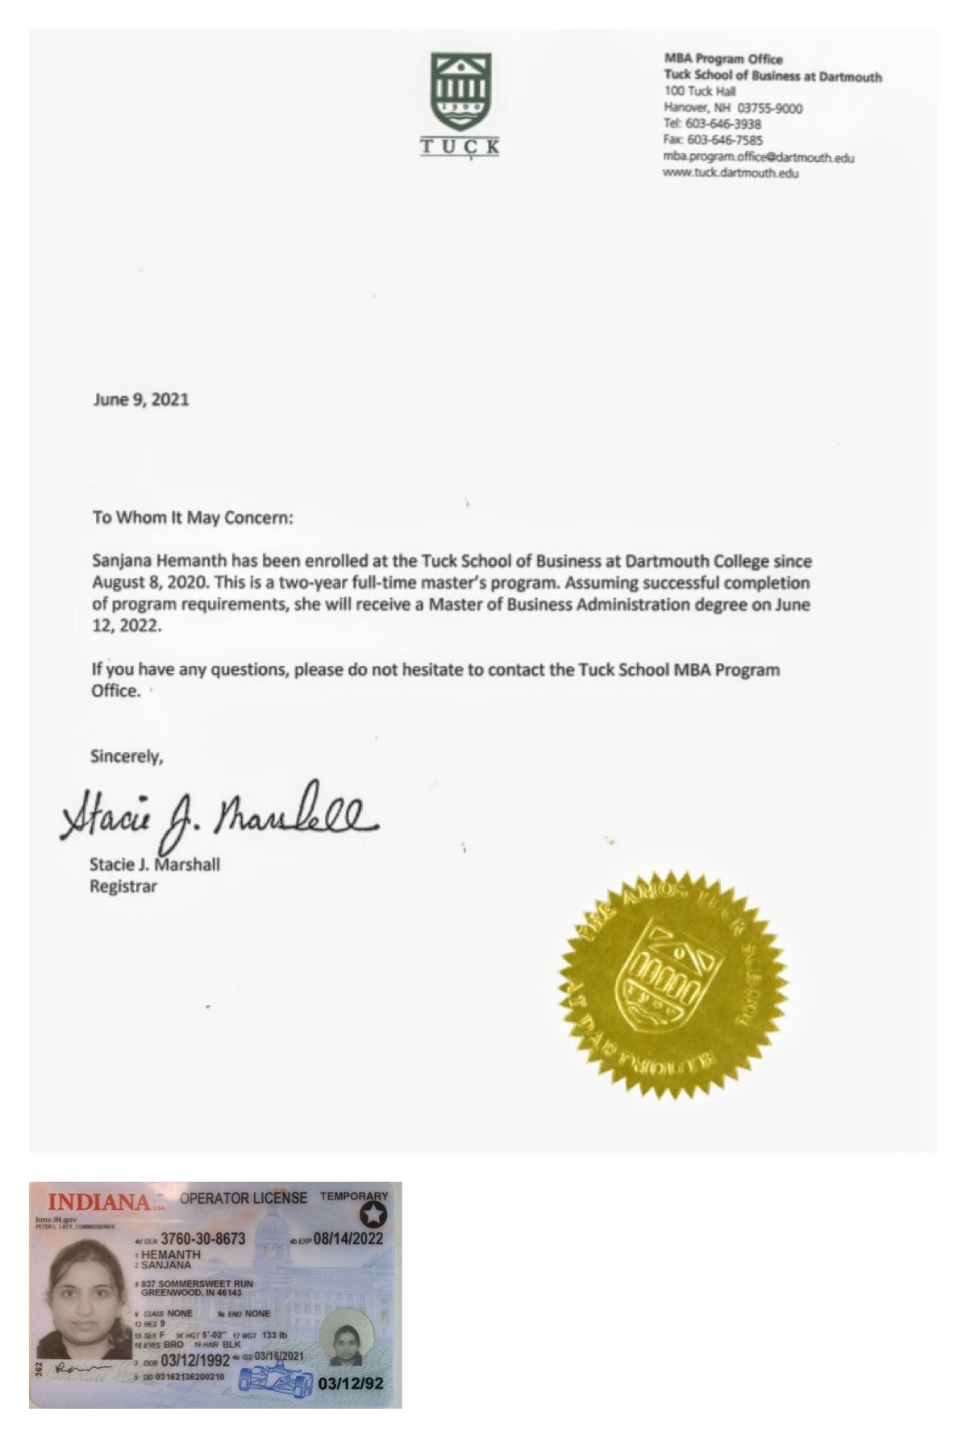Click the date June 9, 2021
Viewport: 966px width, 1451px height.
point(141,399)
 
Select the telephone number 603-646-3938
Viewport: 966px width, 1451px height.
point(723,124)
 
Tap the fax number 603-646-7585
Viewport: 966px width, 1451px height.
point(725,140)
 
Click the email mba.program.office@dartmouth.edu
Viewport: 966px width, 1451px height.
point(758,157)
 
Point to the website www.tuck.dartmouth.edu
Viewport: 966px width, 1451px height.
point(731,173)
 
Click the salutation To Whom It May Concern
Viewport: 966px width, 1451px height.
point(193,518)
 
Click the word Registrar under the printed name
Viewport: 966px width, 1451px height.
point(123,887)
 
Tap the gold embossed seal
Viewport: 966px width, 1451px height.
point(672,984)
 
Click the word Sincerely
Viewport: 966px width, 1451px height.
point(127,756)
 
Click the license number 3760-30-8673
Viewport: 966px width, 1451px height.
point(203,1238)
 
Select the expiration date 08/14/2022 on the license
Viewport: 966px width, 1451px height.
point(348,1238)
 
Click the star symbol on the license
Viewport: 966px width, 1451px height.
point(373,1215)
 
